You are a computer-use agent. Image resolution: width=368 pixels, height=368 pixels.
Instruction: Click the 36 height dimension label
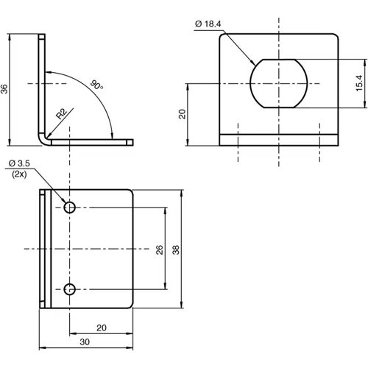coord(6,88)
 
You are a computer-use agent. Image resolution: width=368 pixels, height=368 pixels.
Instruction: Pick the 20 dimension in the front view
coord(182,114)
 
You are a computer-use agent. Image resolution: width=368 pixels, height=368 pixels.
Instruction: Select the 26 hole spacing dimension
coord(159,249)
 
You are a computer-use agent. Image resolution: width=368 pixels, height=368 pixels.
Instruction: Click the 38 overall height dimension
coord(176,249)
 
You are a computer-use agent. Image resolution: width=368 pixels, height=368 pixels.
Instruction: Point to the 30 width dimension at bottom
coord(85,342)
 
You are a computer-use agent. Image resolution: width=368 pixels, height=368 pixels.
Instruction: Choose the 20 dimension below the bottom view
coord(102,328)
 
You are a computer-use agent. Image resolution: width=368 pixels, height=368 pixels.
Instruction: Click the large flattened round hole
coord(278,83)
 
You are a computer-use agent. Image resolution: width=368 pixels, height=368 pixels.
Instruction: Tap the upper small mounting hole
coord(70,208)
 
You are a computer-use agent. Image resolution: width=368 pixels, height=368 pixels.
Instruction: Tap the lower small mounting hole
coord(70,289)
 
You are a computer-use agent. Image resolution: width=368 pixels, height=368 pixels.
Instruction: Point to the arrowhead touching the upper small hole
coord(63,202)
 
